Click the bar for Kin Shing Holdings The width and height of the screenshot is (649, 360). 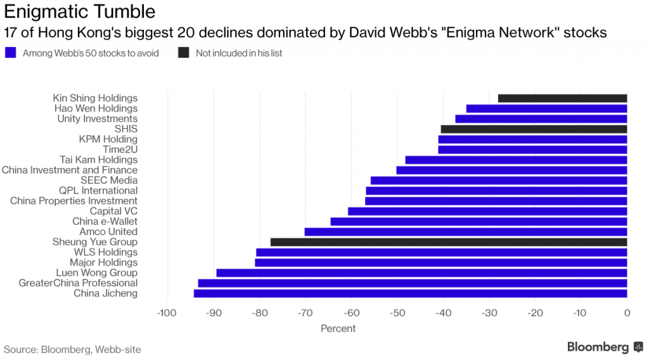(x=562, y=98)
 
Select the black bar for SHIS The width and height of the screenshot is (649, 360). (x=534, y=129)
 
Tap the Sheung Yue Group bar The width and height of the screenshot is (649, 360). (x=449, y=242)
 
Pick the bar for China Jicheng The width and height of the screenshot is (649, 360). (x=410, y=293)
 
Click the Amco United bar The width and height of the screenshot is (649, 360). (x=466, y=232)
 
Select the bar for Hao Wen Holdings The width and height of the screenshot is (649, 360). (x=546, y=108)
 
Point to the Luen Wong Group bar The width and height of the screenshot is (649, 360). (x=421, y=273)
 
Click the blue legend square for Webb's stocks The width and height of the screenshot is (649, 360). (x=10, y=53)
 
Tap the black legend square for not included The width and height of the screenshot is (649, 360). (x=183, y=53)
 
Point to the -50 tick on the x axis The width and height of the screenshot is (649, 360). (x=397, y=312)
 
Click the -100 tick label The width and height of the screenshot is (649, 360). (x=166, y=312)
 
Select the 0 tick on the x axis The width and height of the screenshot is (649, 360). (x=626, y=312)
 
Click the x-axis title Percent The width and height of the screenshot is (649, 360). (x=338, y=328)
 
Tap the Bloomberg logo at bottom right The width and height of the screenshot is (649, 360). (x=598, y=347)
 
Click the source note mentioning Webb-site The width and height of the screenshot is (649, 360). (x=72, y=349)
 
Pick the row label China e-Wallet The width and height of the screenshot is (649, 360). (x=105, y=222)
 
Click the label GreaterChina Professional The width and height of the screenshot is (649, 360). (x=78, y=283)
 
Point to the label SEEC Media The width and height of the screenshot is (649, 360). (x=109, y=181)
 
